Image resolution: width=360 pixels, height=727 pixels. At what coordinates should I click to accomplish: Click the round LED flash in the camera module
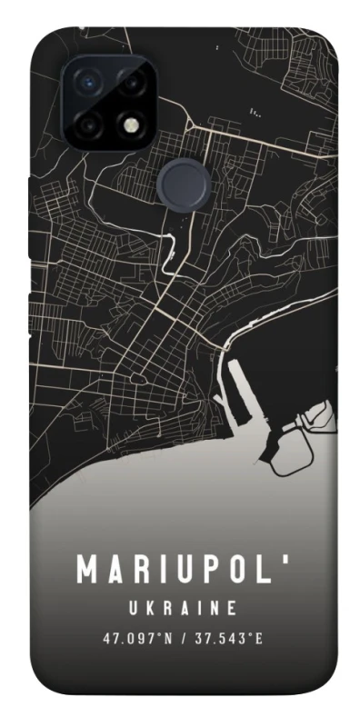(x=135, y=124)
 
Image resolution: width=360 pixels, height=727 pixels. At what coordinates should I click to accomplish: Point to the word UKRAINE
(x=183, y=607)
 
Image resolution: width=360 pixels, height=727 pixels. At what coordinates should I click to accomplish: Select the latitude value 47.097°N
(x=135, y=639)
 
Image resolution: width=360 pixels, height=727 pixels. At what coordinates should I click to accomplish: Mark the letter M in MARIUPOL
(x=88, y=572)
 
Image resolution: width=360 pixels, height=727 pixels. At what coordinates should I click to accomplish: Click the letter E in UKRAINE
(x=234, y=607)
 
